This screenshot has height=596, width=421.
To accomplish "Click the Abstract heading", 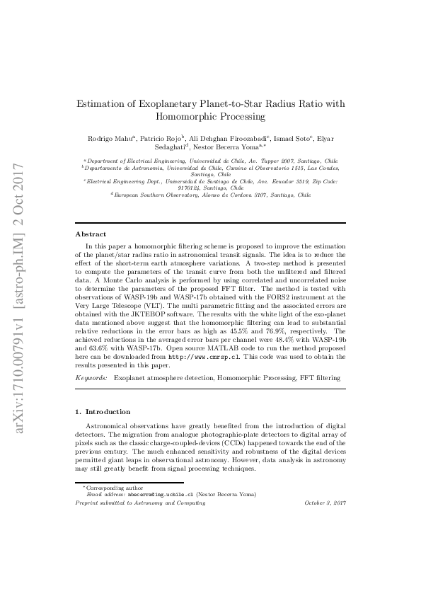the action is [91, 234].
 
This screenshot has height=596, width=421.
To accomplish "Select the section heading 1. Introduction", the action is [102, 411].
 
